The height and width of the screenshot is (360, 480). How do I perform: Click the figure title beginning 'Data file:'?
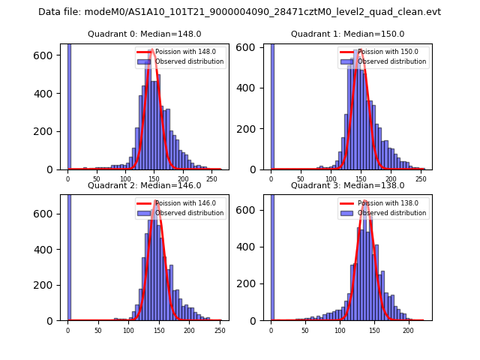[x=239, y=12]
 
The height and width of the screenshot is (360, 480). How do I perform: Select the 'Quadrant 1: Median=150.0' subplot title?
[x=347, y=34]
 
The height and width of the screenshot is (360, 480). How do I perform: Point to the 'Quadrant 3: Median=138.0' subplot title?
[x=347, y=185]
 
